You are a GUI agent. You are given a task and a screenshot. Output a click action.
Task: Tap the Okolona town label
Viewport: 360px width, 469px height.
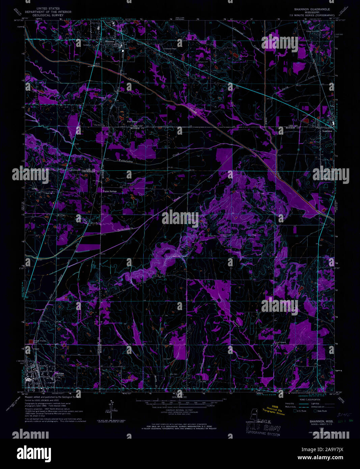click(59, 374)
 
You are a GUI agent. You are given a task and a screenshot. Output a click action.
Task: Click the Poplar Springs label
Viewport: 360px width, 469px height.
click(110, 191)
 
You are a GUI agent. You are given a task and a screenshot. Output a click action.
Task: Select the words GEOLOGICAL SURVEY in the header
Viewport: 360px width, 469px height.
click(49, 15)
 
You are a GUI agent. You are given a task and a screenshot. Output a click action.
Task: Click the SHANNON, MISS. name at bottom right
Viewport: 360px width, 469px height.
click(319, 421)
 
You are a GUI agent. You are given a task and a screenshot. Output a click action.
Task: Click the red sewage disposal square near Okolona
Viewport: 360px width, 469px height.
click(32, 341)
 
